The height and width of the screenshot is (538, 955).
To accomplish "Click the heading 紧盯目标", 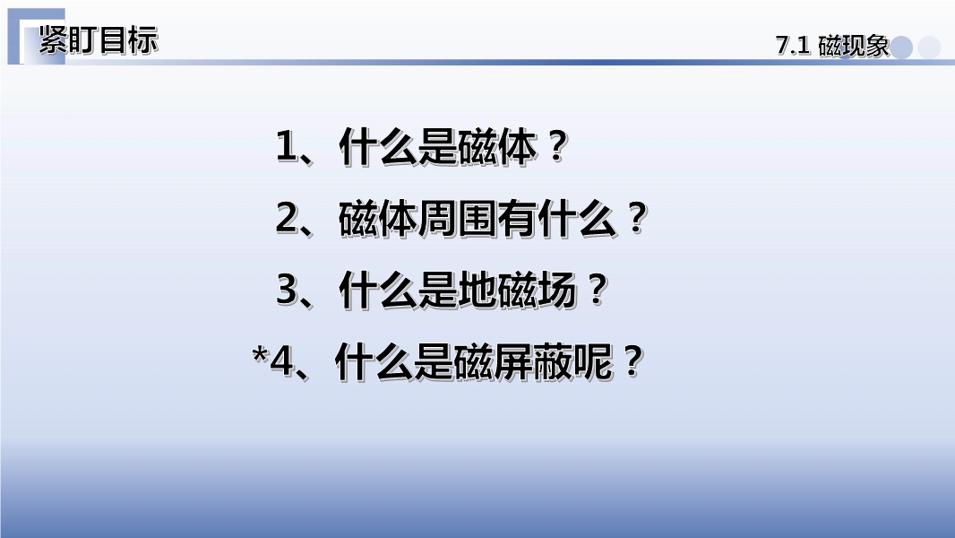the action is tap(99, 40).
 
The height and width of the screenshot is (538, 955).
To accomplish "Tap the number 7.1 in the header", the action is tap(792, 46).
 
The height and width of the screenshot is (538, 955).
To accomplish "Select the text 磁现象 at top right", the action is tap(854, 46).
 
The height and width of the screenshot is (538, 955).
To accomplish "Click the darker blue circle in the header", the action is tap(901, 48).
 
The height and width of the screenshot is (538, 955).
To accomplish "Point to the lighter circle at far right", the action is tap(929, 48).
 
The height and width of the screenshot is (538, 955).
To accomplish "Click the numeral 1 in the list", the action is tap(287, 147).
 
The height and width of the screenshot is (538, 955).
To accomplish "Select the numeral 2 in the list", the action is tap(287, 218).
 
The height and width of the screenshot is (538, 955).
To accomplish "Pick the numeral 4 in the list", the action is tap(281, 360).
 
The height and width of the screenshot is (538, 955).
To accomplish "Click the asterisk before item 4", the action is tap(260, 354).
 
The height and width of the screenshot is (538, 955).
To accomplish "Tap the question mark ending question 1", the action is tap(556, 147).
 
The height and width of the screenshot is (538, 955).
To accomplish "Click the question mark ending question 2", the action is tap(636, 218).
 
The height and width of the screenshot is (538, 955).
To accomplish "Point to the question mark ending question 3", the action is tap(597, 290).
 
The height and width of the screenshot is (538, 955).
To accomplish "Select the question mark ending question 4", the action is tap(632, 360).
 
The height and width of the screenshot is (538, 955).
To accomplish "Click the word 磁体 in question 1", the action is tap(497, 147).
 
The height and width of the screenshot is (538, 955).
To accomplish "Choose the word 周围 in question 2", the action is tap(458, 218).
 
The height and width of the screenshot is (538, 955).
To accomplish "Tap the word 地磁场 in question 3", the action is tap(518, 290).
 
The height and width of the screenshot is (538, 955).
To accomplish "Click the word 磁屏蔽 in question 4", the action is tap(513, 360).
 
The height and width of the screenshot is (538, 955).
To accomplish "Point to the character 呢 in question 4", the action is tap(593, 360).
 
